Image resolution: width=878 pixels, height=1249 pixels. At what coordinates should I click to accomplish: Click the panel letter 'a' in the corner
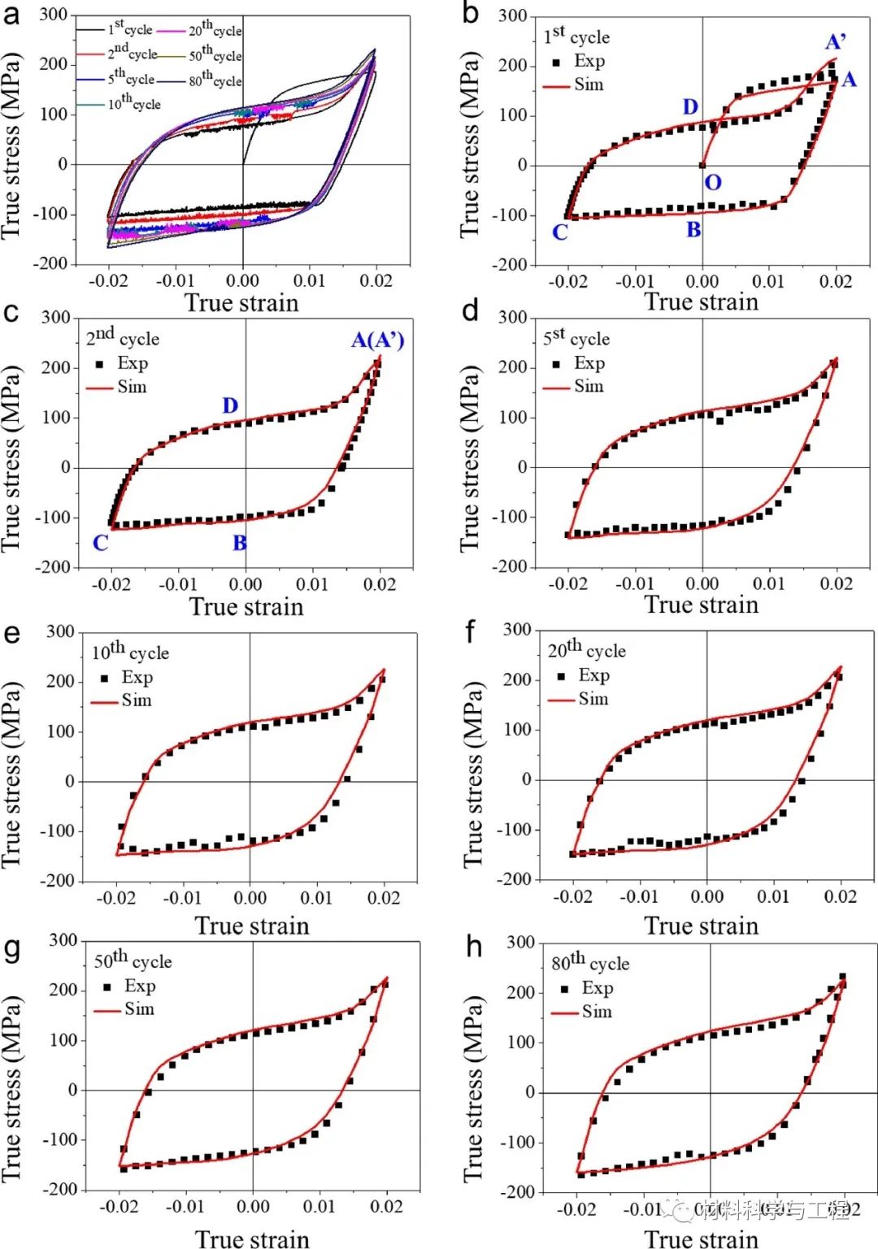(x=11, y=14)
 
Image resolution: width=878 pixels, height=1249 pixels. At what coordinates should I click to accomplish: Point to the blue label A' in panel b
(x=835, y=41)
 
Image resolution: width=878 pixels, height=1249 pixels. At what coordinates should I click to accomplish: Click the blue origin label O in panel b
(x=712, y=182)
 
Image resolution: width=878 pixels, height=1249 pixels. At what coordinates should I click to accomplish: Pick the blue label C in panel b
(x=559, y=232)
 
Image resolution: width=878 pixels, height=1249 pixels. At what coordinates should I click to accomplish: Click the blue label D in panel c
(x=230, y=405)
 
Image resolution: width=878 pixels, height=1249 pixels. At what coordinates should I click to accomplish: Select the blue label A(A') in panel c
(x=377, y=340)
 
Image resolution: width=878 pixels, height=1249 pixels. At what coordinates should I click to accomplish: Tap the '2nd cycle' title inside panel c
(x=123, y=336)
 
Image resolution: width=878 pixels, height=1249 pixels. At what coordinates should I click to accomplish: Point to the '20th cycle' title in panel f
(x=586, y=649)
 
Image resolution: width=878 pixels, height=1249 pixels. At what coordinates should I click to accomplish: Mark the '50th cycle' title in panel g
(x=133, y=961)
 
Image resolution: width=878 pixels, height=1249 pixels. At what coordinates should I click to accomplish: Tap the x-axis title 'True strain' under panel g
(x=252, y=1238)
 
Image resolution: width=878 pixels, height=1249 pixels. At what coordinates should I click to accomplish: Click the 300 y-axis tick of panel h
(x=521, y=943)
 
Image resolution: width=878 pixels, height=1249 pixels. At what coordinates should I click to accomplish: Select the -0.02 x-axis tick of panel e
(x=115, y=898)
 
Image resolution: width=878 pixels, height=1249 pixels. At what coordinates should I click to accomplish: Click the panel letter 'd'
(x=470, y=311)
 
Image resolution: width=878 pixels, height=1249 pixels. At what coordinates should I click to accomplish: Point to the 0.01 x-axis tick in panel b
(x=768, y=281)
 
